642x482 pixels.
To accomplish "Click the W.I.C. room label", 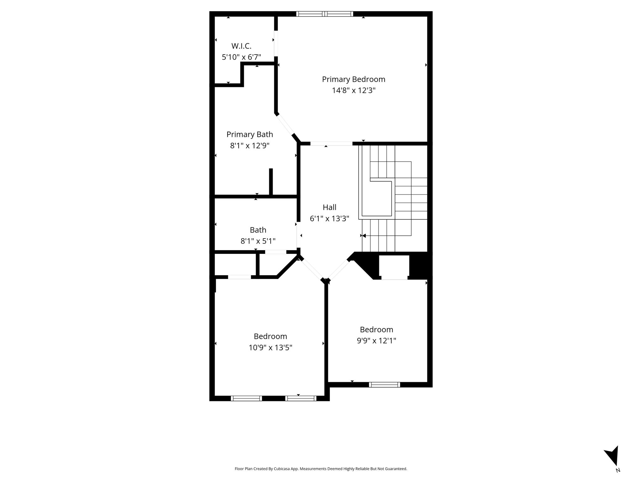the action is coord(241,46).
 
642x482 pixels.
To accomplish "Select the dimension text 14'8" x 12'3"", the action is coord(354,90).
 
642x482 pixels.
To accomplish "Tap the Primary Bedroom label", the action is coord(354,79).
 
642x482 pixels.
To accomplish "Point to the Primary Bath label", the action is coord(250,134).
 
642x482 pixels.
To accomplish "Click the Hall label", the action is coord(329,207).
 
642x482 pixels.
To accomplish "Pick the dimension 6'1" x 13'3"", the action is coord(329,218).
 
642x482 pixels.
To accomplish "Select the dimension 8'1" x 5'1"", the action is coord(258,241).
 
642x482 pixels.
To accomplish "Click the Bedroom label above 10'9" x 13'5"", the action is coord(270,336).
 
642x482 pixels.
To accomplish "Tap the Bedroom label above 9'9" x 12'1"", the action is coord(376,329).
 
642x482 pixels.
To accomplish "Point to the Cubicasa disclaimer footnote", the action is coord(321,469).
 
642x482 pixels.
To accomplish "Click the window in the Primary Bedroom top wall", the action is coord(325,14).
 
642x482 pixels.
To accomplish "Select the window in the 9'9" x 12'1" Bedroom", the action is coord(384,385).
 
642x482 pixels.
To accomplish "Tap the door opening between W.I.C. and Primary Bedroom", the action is coord(276,43).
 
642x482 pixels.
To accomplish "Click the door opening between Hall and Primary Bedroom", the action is coord(331,144).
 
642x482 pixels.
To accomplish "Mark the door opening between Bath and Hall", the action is coord(299,235).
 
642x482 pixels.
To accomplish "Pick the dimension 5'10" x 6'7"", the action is coord(241,57).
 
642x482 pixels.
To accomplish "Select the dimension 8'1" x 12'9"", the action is coord(250,146).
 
